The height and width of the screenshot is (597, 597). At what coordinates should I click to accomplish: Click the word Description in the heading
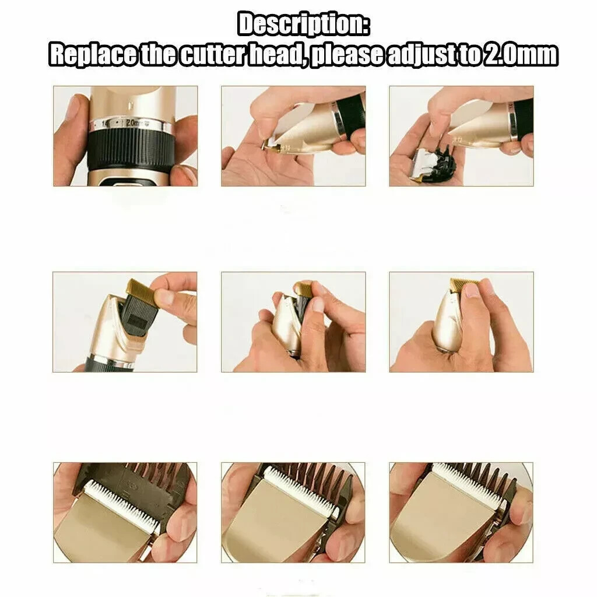point(303,25)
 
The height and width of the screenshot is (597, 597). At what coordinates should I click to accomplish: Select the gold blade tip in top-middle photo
point(270,143)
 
